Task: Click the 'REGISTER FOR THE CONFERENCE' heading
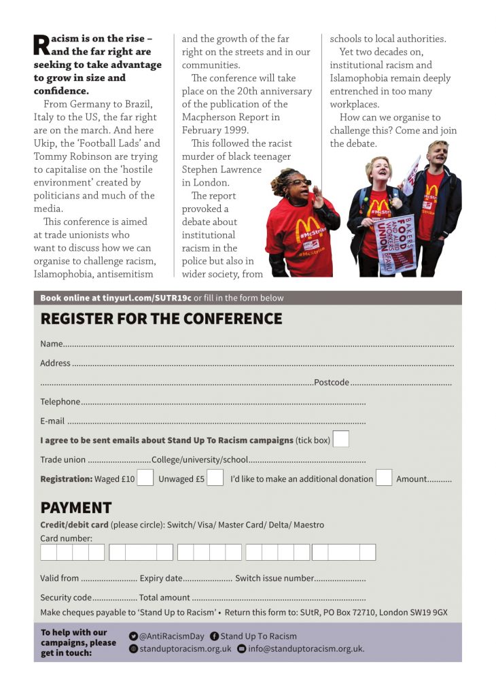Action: click(x=161, y=319)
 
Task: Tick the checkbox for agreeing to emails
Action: click(x=341, y=439)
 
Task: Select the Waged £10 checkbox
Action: click(x=145, y=478)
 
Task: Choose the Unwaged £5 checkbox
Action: click(x=215, y=478)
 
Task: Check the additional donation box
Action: click(x=384, y=478)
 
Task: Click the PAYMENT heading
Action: click(x=75, y=508)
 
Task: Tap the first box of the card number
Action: click(x=48, y=552)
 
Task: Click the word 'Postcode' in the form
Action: click(x=332, y=383)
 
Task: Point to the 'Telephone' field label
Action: click(x=60, y=402)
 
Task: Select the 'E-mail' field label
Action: click(x=52, y=421)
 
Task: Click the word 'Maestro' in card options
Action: click(x=309, y=525)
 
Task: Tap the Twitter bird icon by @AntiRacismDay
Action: click(x=133, y=636)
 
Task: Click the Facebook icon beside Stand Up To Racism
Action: click(x=215, y=636)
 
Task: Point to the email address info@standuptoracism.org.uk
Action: click(x=306, y=648)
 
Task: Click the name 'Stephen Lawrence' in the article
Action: click(x=221, y=170)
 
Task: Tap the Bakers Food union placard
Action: click(x=395, y=243)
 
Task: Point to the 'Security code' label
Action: click(x=65, y=597)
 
